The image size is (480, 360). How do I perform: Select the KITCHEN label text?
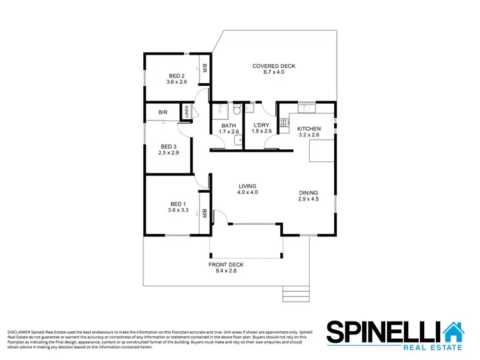pos(308,129)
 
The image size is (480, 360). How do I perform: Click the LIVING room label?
pos(247,186)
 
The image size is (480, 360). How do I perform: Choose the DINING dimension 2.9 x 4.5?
pos(308,199)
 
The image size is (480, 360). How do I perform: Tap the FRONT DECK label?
pos(226,265)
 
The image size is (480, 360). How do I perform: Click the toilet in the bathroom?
pos(237,108)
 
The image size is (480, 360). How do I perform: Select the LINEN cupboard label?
pos(187,112)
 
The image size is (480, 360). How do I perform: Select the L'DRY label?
pos(262,125)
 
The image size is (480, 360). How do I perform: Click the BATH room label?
pos(228,125)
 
